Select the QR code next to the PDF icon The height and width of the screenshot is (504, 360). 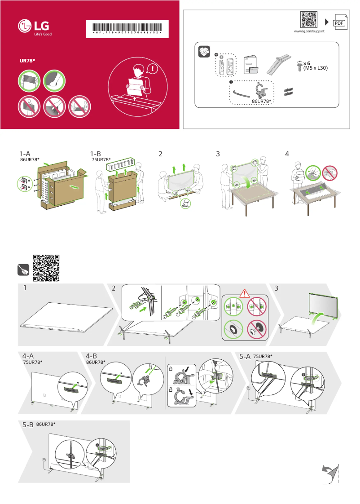(309, 20)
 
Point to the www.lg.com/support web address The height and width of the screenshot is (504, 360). (309, 32)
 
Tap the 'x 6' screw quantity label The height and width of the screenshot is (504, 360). (308, 64)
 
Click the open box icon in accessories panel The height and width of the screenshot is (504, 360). (204, 52)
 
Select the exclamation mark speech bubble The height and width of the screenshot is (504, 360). (154, 69)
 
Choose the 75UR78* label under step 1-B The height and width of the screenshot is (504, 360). (101, 160)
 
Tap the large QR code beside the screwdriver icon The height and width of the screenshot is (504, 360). (46, 268)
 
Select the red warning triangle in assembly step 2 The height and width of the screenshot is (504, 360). (244, 294)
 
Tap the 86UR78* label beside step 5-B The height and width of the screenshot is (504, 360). (46, 424)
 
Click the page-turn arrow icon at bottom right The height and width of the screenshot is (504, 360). (330, 474)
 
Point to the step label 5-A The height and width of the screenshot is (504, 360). (245, 357)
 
